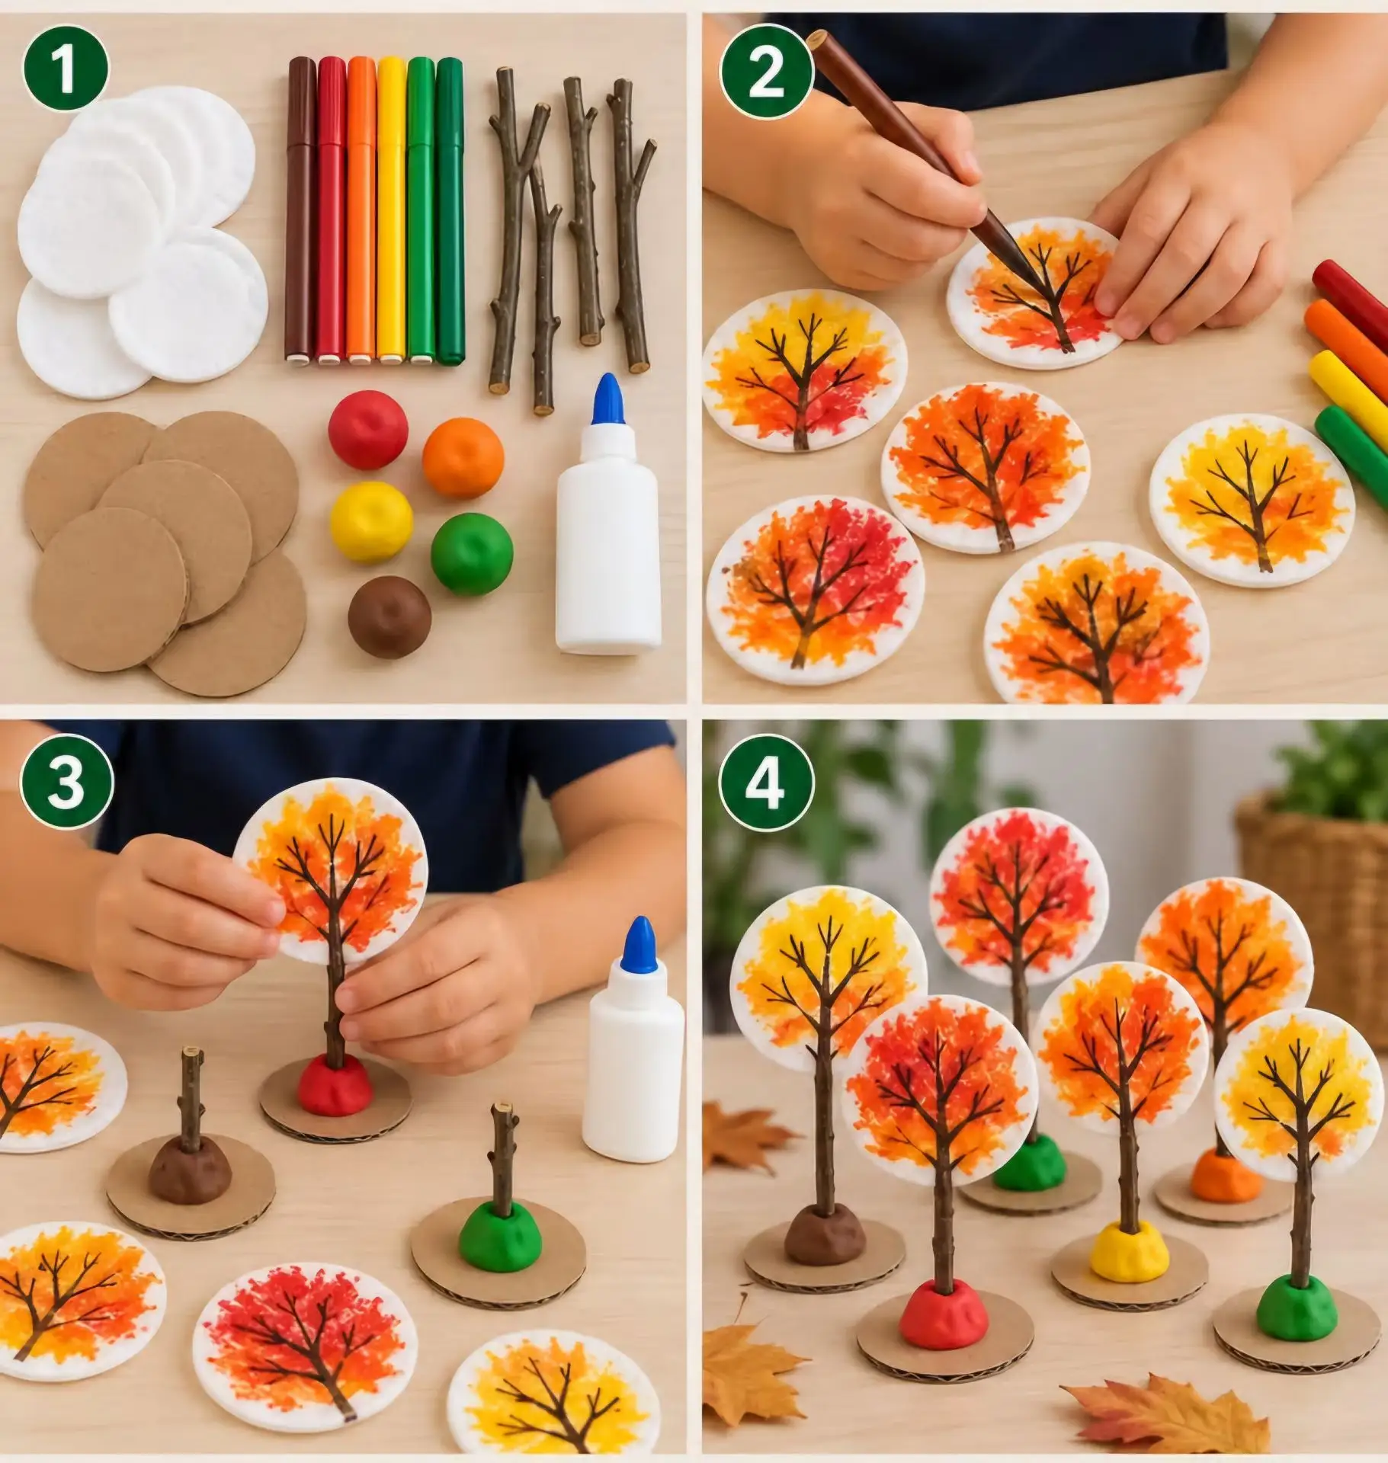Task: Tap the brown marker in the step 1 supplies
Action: [x=301, y=209]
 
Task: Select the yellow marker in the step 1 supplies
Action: [x=391, y=209]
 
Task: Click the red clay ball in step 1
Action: [x=368, y=428]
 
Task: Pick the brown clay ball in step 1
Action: [x=389, y=616]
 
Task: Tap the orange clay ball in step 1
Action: [x=463, y=459]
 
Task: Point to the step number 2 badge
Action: [x=766, y=75]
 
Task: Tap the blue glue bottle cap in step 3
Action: [x=639, y=945]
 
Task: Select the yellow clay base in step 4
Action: [x=1128, y=1255]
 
